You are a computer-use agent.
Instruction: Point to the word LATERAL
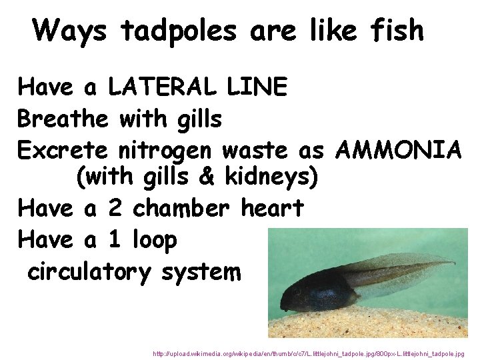pyautogui.click(x=162, y=87)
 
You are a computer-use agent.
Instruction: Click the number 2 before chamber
pyautogui.click(x=114, y=209)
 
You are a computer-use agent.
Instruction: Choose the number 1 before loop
pyautogui.click(x=114, y=240)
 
